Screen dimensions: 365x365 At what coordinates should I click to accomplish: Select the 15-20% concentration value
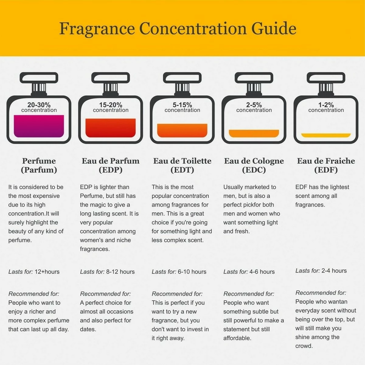coord(111,105)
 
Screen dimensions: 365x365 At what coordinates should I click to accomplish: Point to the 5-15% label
coord(182,105)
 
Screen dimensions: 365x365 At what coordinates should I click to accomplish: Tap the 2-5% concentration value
coord(254,105)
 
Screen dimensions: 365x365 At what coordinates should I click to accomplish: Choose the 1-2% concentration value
coord(326,105)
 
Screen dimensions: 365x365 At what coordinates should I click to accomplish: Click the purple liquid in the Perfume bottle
coord(39,126)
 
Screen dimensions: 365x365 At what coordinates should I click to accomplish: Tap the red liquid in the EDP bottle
coord(110,128)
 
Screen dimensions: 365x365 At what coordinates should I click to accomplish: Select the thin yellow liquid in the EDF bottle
coord(326,135)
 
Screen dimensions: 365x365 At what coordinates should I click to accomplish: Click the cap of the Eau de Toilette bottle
coord(182,78)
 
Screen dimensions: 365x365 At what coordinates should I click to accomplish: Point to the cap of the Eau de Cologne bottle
coord(254,78)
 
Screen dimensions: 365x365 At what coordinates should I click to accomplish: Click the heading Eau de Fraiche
coord(326,161)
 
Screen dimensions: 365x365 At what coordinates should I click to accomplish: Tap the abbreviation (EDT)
coord(182,170)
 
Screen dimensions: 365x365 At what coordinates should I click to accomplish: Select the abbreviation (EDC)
coord(254,170)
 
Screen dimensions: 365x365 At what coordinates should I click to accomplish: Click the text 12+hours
coord(47,272)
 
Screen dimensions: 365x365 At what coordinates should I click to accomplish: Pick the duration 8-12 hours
coord(120,272)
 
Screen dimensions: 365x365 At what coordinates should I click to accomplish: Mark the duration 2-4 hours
coord(334,271)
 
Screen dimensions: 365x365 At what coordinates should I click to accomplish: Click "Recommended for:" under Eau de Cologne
coord(249,294)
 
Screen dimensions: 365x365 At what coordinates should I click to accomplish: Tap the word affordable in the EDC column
coord(237,338)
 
